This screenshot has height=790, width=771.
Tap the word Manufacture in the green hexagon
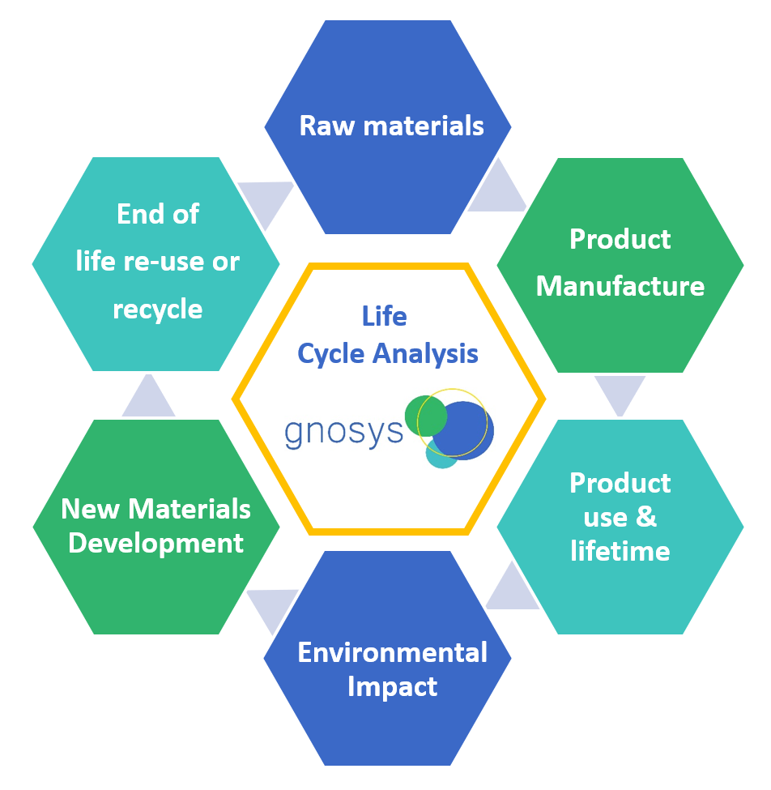pos(620,286)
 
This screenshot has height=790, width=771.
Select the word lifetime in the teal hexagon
pos(620,551)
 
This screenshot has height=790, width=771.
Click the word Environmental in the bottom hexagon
pos(393,652)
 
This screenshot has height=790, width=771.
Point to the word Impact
pos(393,686)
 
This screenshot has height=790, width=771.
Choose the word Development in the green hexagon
pos(156,543)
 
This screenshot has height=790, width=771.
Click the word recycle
pos(158,309)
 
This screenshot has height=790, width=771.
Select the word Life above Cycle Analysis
pos(385,316)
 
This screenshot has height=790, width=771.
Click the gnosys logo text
pos(343,431)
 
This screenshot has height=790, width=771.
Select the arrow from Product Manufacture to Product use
pos(620,393)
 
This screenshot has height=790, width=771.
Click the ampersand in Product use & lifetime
pos(646,517)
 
